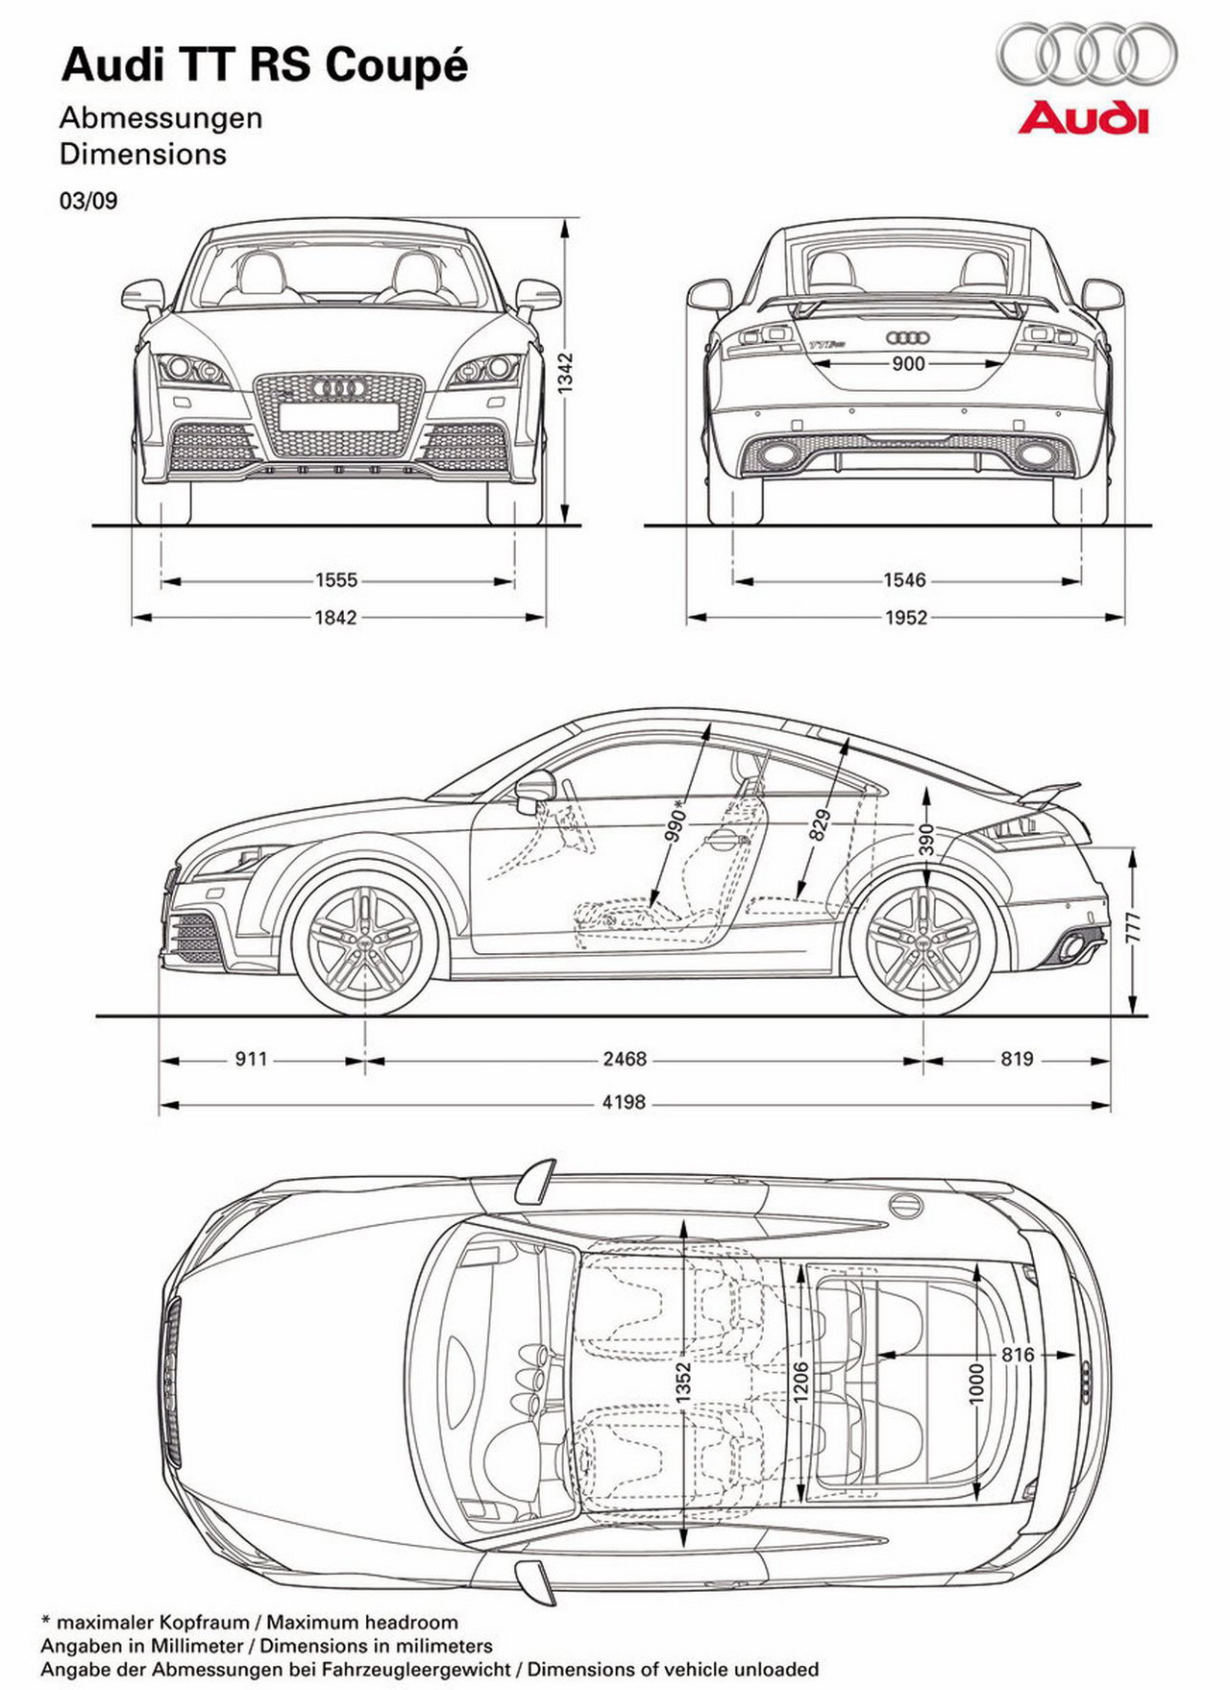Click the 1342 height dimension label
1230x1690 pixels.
tap(567, 371)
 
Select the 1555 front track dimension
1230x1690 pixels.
tap(336, 580)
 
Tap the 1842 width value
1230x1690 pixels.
tap(336, 618)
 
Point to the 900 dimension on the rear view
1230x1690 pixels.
tap(908, 363)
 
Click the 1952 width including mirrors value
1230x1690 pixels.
tap(905, 618)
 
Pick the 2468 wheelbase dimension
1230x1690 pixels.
tap(625, 1059)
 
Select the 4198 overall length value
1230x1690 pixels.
tap(624, 1102)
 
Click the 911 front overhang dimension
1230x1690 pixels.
tap(251, 1059)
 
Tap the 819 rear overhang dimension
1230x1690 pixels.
tap(1017, 1059)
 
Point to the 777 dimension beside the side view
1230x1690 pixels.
tap(1134, 926)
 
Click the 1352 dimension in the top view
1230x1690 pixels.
tap(683, 1383)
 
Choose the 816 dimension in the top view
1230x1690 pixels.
tap(1018, 1355)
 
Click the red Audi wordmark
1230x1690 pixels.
tap(1084, 118)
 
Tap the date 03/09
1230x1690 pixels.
tap(88, 201)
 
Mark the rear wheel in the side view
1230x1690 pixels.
tap(923, 943)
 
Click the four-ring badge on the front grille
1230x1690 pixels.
tap(338, 388)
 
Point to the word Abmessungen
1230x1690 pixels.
tap(160, 118)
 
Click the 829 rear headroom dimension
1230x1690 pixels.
tap(819, 824)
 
